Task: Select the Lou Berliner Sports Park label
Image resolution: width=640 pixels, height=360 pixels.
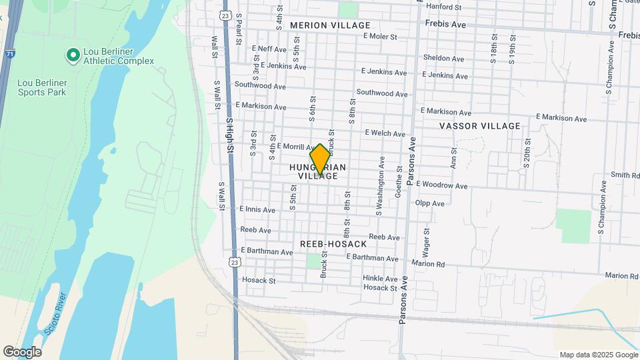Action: point(42,87)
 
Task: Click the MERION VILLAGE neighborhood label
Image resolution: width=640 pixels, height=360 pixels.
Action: point(330,25)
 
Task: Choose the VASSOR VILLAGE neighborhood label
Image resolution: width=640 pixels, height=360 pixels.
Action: point(479,126)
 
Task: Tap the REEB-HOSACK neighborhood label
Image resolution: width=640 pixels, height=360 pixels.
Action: point(333,244)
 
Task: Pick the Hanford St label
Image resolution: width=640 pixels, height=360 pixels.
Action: point(443,7)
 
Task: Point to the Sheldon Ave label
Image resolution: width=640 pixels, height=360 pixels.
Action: point(443,59)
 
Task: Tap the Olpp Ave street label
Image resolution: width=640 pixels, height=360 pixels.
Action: point(429,203)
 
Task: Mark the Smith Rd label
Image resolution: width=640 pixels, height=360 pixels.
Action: point(625,175)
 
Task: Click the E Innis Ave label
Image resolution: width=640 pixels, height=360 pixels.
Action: point(257,209)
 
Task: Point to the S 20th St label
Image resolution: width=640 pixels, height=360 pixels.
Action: point(527,153)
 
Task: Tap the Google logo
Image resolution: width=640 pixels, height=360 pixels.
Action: point(22,351)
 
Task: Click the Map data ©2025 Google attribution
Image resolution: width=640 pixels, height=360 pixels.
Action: point(598,355)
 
